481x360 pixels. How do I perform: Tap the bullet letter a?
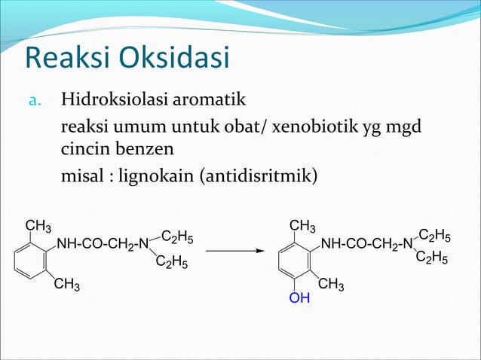coord(34,100)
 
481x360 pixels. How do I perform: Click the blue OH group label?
coord(299,299)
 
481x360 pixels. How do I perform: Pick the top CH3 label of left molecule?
coord(38,226)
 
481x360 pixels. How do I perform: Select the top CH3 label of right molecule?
coord(303,226)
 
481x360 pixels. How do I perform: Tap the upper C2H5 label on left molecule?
coord(177,237)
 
